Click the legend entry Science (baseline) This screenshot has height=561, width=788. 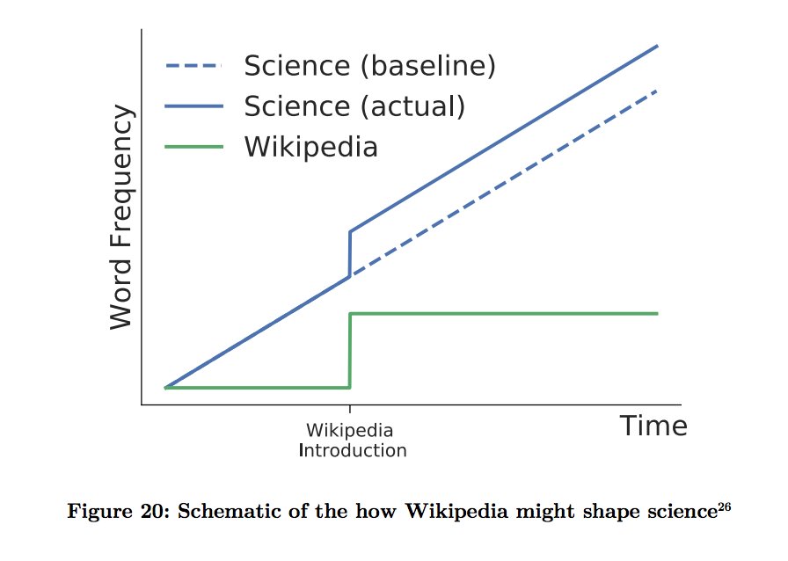pyautogui.click(x=369, y=66)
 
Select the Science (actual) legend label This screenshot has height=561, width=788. pyautogui.click(x=354, y=106)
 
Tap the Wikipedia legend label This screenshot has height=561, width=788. pyautogui.click(x=310, y=146)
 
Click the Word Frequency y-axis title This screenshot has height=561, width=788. pyautogui.click(x=122, y=217)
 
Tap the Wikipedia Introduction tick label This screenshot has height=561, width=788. pyautogui.click(x=351, y=441)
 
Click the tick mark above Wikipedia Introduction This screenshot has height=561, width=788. pyautogui.click(x=350, y=410)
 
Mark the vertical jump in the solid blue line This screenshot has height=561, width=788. pyautogui.click(x=350, y=253)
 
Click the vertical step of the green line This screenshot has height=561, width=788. pyautogui.click(x=350, y=350)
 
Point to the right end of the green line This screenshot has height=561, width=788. pyautogui.click(x=657, y=313)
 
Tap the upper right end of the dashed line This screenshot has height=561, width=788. pyautogui.click(x=656, y=90)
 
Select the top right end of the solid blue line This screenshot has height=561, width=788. pyautogui.click(x=657, y=46)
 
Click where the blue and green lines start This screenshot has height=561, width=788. pyautogui.click(x=165, y=387)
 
